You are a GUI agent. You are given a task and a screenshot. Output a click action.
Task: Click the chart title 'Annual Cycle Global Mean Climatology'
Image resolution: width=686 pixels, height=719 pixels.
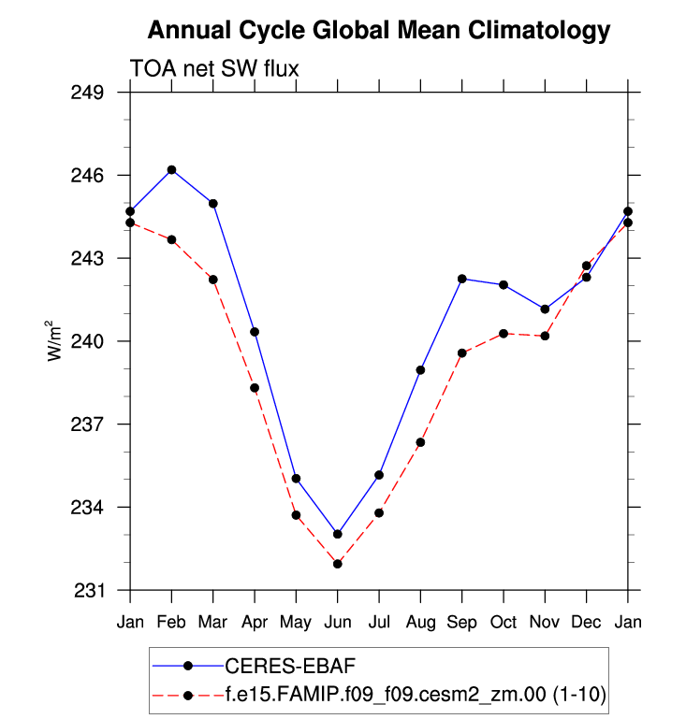379,31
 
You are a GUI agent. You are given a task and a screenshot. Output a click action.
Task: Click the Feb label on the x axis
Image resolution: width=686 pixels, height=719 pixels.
171,622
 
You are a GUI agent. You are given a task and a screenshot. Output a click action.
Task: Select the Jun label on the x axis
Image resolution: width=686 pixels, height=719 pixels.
337,622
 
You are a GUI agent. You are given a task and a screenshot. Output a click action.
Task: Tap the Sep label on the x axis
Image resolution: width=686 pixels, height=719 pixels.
461,622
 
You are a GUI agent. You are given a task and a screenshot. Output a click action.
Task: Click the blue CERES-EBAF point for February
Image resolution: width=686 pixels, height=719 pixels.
171,169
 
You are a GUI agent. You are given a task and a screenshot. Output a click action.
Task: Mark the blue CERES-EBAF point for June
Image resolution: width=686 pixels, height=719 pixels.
337,534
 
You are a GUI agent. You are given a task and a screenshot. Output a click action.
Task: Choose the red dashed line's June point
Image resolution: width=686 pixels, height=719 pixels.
337,564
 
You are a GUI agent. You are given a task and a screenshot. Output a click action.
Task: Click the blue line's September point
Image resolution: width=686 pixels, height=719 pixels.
461,279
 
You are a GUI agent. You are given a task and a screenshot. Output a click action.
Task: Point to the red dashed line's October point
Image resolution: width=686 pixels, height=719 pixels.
504,333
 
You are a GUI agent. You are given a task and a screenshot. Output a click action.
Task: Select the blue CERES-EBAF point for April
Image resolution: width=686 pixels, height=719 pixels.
255,332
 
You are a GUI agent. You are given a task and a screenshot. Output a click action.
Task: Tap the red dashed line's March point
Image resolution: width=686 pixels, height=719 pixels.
213,280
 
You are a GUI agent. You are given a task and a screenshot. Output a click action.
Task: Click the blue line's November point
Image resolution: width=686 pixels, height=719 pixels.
545,309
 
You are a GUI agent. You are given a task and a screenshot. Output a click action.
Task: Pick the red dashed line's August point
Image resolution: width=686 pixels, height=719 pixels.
420,442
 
